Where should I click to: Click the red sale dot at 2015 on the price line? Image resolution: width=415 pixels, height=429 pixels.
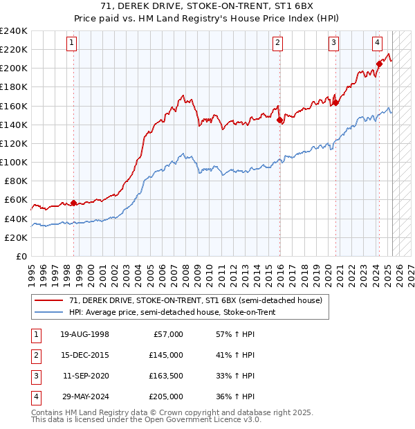pos(280,120)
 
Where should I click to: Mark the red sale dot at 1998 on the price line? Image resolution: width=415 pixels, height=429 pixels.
pos(73,203)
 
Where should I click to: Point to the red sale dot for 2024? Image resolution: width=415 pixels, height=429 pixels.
pos(379,64)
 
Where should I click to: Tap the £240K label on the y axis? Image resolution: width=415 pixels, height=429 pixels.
pos(14,31)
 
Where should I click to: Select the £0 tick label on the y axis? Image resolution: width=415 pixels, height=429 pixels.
pos(21,256)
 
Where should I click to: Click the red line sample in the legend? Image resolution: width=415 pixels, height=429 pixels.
pos(49,300)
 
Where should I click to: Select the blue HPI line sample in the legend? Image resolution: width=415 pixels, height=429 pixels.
pos(49,312)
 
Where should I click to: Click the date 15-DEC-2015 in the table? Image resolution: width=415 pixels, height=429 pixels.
pos(84,355)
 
